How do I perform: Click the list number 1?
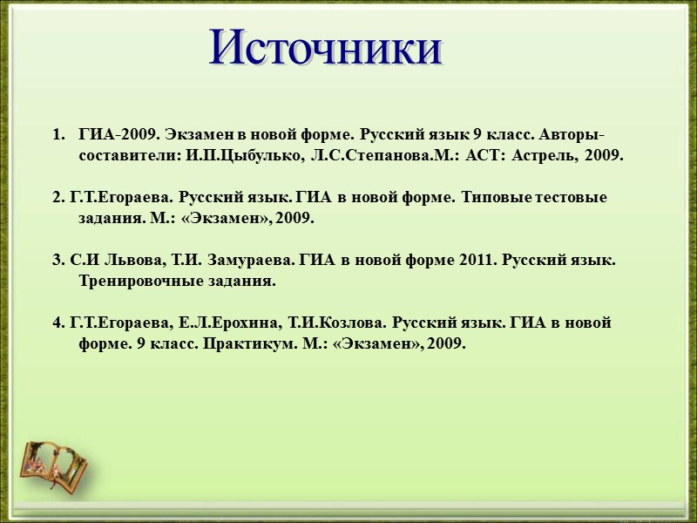pos(58,135)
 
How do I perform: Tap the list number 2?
pos(58,198)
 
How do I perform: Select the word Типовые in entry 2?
pos(491,198)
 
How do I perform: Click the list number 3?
pos(58,261)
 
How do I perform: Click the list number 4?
pos(58,323)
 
